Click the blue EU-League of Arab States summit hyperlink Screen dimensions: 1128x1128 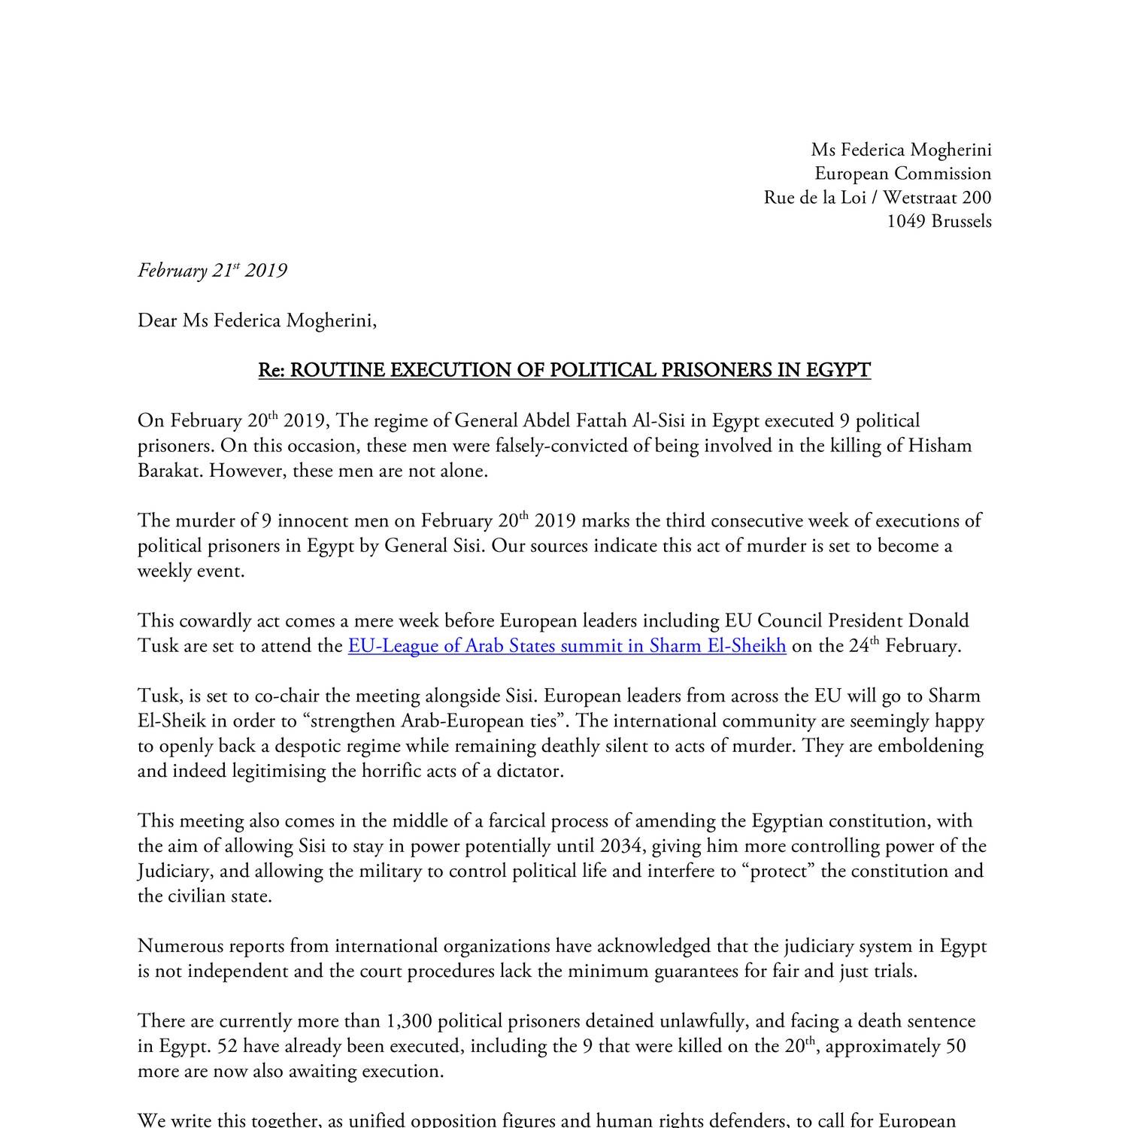[x=567, y=646]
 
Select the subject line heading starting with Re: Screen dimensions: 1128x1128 [x=564, y=370]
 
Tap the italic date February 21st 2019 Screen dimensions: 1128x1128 [x=212, y=271]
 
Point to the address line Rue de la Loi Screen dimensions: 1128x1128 [x=877, y=197]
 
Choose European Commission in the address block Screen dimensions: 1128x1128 [x=902, y=173]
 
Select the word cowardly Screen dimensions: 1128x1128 [x=214, y=621]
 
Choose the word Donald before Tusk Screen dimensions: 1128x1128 [x=938, y=621]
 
